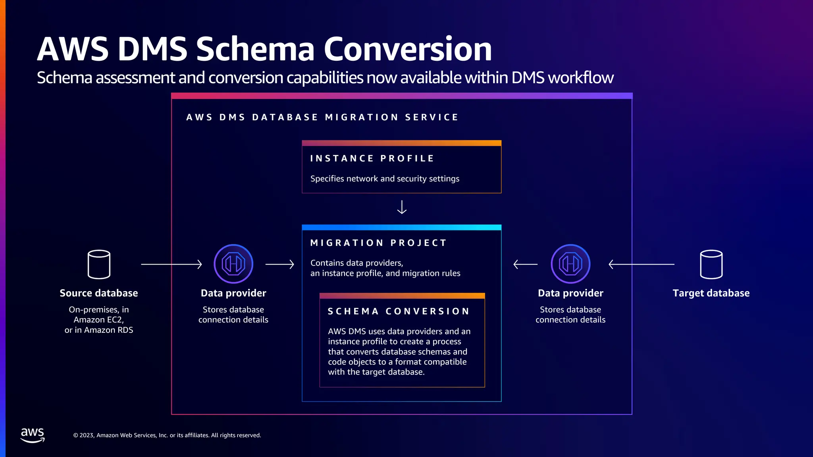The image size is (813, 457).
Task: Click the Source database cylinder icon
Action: (99, 264)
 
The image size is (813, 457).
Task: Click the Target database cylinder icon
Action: (711, 264)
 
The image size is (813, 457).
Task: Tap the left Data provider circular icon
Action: (233, 264)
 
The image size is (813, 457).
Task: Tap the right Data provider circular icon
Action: (570, 264)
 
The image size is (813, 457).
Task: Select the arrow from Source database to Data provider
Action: (171, 264)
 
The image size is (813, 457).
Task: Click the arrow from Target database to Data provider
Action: (641, 264)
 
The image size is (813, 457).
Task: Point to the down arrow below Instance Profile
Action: (402, 207)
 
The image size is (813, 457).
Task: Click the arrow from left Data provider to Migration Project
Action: (280, 264)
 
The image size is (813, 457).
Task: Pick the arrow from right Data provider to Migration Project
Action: (525, 264)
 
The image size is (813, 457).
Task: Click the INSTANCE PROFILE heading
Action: (372, 159)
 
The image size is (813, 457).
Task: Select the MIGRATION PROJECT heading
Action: (378, 243)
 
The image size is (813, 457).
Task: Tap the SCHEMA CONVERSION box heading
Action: (399, 311)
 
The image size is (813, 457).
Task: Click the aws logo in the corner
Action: (33, 435)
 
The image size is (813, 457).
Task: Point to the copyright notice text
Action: (167, 435)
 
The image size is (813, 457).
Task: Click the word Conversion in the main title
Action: (408, 49)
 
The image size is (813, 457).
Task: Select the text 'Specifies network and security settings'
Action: (385, 179)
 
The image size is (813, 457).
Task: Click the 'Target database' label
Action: (711, 293)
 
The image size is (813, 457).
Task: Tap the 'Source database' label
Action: (99, 293)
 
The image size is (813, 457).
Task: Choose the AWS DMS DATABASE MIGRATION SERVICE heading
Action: (322, 117)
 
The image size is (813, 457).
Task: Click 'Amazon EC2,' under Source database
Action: (99, 320)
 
